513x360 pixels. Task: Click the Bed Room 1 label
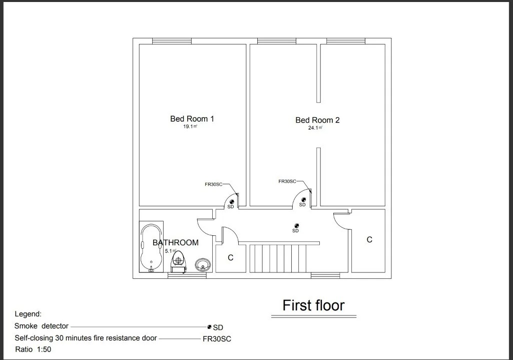tap(192, 119)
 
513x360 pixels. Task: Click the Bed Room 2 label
tap(317, 120)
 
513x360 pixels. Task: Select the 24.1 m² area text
tap(315, 128)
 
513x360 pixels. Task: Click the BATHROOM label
tap(175, 243)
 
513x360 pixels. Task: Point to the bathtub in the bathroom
tap(151, 247)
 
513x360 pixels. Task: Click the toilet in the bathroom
tap(178, 261)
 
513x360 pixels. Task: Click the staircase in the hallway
tap(278, 257)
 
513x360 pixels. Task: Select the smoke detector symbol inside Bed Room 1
tap(231, 201)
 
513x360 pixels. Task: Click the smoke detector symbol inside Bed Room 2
tap(303, 199)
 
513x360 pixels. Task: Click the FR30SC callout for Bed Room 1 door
tap(213, 184)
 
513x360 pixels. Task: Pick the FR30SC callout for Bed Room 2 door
tap(287, 181)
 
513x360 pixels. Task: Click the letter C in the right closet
tap(369, 240)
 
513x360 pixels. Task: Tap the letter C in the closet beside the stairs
tap(231, 258)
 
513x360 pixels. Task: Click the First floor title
tap(313, 305)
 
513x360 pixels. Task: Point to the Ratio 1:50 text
tap(34, 349)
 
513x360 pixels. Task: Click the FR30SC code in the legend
tap(217, 339)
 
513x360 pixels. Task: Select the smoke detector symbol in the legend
tap(209, 327)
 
